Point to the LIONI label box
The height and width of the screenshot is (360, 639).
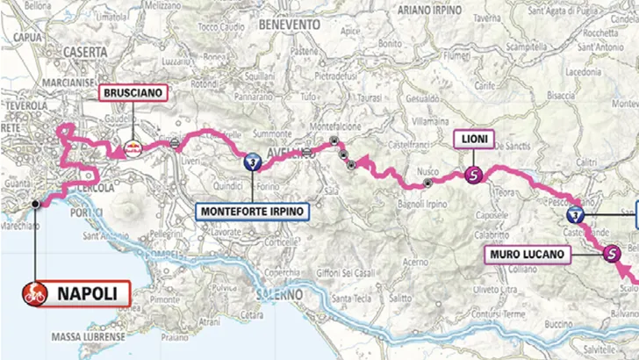(x=475, y=138)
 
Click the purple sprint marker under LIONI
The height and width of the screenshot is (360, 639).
(x=475, y=174)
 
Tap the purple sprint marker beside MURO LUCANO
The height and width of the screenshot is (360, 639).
(x=611, y=255)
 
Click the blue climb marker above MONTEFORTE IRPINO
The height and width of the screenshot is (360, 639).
(x=252, y=162)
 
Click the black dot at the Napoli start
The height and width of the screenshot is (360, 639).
(x=35, y=204)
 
